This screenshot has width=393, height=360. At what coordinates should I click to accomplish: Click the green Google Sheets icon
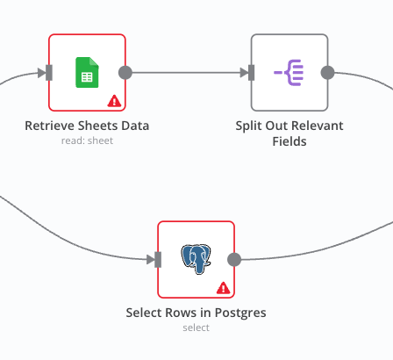(x=86, y=71)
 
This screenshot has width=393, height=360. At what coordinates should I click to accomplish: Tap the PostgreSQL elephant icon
(x=196, y=258)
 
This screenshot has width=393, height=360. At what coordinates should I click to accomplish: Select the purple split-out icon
(x=289, y=72)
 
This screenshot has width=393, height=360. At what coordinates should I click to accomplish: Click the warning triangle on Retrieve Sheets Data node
(x=114, y=101)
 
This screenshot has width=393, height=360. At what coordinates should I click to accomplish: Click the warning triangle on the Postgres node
(x=223, y=287)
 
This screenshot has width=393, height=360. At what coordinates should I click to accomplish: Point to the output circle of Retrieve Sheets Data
(x=125, y=72)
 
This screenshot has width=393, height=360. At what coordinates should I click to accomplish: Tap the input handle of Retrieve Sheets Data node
(x=49, y=72)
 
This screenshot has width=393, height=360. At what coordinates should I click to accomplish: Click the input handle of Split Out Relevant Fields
(x=252, y=72)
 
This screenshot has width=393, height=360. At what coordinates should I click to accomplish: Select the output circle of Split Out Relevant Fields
(x=327, y=72)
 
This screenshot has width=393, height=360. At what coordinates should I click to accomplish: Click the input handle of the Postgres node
(x=158, y=259)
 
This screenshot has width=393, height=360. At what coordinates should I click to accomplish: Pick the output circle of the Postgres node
(x=234, y=259)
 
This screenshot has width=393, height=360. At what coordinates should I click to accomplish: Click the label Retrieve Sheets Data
(x=87, y=126)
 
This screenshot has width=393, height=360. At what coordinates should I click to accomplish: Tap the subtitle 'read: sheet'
(x=87, y=140)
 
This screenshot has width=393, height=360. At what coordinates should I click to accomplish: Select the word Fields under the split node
(x=289, y=140)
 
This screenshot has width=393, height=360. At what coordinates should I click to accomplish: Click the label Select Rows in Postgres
(x=196, y=313)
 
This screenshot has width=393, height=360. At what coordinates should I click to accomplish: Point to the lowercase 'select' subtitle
(x=196, y=327)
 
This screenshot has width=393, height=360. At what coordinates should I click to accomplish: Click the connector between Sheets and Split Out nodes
(x=188, y=72)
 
